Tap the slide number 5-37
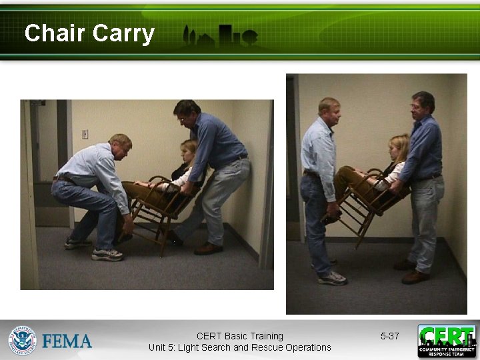point(389,336)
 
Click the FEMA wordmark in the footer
point(67,341)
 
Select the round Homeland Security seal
point(22,340)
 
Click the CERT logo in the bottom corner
point(447,341)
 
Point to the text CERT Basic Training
point(239,336)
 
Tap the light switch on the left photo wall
point(85,134)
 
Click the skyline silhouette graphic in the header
point(220,37)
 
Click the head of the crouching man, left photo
point(120,145)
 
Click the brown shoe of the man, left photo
point(208,249)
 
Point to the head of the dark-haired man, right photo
point(423,104)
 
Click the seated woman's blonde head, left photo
point(189,150)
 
